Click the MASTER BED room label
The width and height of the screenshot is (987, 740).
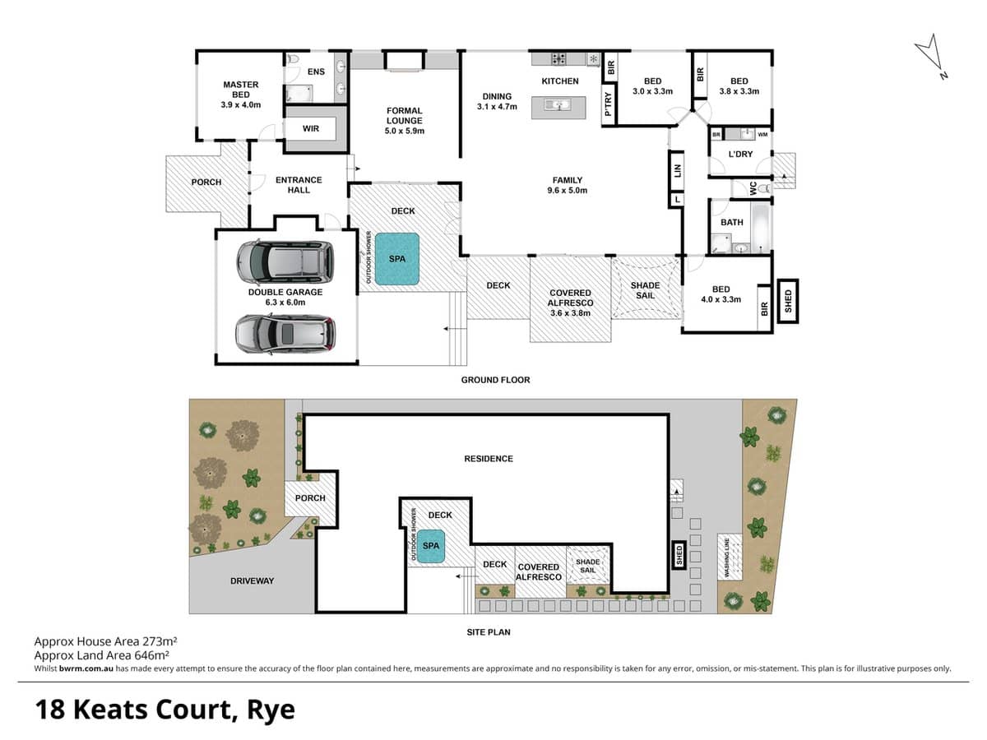(240, 90)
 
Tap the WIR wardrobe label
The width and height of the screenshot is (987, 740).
(311, 128)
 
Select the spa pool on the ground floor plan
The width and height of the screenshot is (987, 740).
(397, 259)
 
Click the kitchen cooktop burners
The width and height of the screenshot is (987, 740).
(558, 58)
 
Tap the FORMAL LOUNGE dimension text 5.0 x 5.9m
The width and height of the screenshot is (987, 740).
(405, 131)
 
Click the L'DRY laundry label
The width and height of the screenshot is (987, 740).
(740, 154)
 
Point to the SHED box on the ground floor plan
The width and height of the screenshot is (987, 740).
(787, 300)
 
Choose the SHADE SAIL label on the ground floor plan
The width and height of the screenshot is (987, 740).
(646, 291)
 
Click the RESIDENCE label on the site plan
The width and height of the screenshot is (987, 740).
(489, 459)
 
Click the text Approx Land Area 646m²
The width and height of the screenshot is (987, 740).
(102, 655)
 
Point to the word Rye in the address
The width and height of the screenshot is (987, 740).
(269, 709)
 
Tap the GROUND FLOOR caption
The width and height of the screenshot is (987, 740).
(495, 380)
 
